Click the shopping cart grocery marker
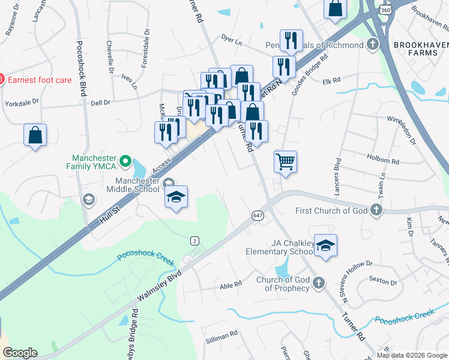tap(286, 161)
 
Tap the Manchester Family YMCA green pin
tap(125, 161)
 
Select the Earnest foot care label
tap(40, 80)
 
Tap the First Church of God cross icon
tap(376, 210)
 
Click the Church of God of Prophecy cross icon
tap(318, 282)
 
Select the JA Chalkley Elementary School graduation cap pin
tap(325, 246)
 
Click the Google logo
tap(20, 353)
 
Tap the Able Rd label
tap(231, 284)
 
